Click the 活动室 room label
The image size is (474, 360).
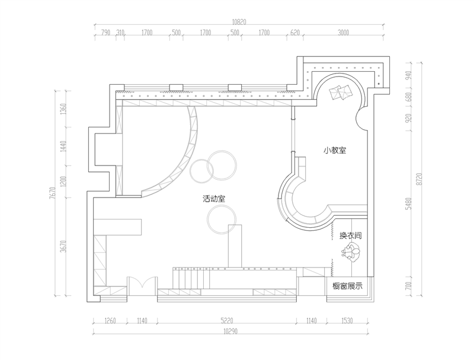tap(214, 199)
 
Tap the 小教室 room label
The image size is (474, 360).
tap(335, 151)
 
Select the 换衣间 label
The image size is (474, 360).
tap(350, 235)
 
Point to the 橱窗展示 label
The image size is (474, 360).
tap(347, 286)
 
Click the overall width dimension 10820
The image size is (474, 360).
tap(239, 22)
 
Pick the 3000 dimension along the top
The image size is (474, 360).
tap(343, 33)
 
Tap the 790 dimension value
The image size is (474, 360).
tap(105, 33)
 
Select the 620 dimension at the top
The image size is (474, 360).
tap(294, 33)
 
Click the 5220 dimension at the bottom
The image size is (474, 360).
tap(227, 320)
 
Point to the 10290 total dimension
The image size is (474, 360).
tap(230, 332)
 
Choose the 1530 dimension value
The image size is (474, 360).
tap(347, 320)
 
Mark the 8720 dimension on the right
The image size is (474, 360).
tap(418, 179)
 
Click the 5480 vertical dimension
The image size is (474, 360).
tap(409, 203)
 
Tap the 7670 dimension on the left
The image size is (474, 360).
tap(53, 193)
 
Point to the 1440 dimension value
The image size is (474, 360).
tap(63, 146)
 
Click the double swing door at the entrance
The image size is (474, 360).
tap(142, 284)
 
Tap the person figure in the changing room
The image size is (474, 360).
tap(351, 252)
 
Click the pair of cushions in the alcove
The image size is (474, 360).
tap(341, 92)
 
